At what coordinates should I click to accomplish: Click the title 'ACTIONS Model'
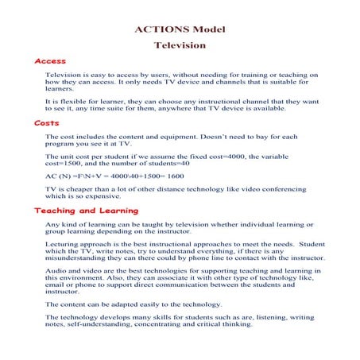pos(179,30)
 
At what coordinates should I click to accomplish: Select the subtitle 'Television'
pos(179,46)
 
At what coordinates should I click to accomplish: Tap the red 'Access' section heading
pos(50,61)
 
